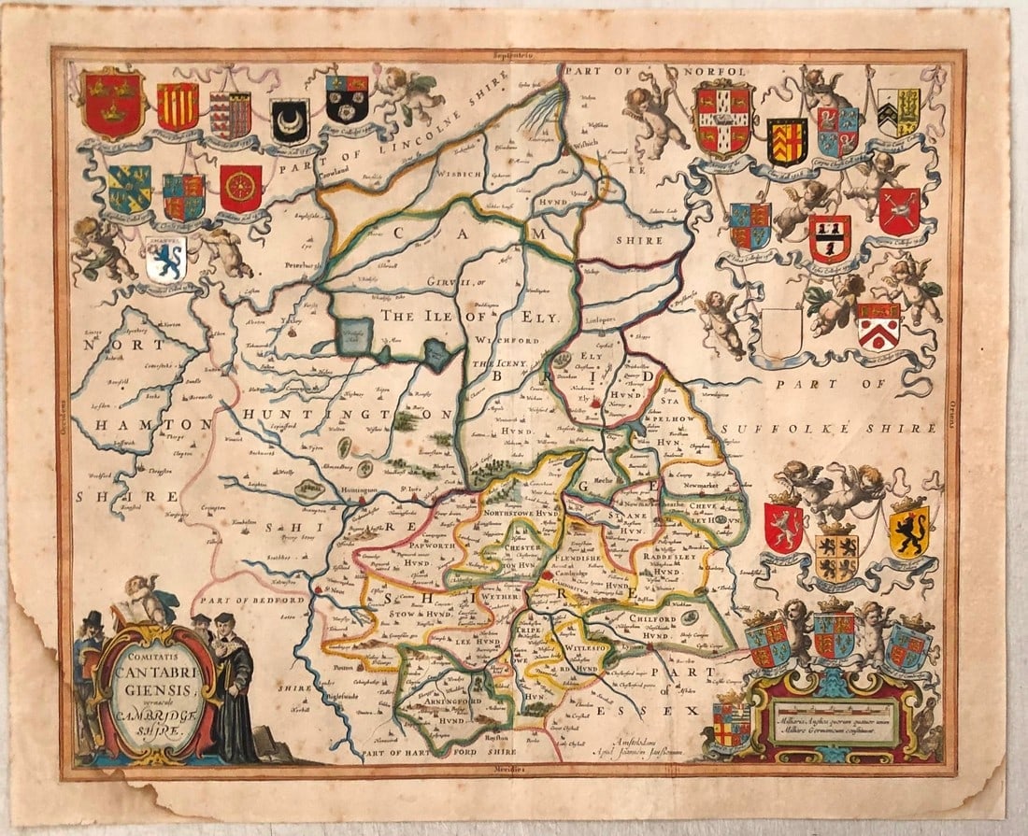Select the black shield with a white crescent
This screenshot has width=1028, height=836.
[x=290, y=120]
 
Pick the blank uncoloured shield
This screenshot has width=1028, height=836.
[x=781, y=333]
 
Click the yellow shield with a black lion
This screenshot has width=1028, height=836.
[x=908, y=531]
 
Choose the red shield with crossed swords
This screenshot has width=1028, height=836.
[x=899, y=211]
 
